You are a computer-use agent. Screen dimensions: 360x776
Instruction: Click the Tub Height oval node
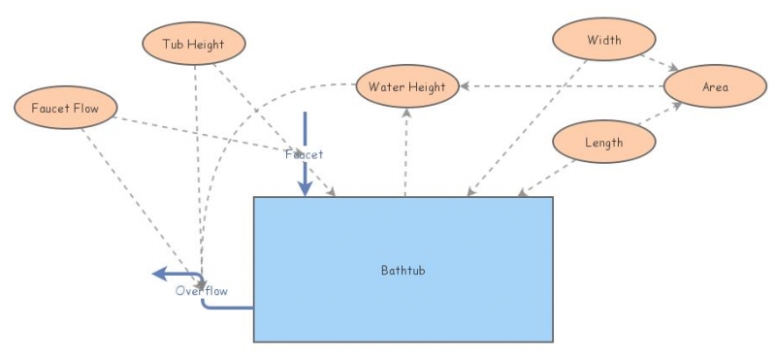(x=193, y=44)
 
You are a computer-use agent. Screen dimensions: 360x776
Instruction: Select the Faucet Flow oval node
(x=66, y=107)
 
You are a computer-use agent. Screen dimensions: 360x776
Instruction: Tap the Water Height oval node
(x=406, y=87)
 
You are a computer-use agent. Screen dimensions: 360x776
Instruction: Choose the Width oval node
(x=604, y=41)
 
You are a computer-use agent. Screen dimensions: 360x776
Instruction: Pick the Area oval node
(x=715, y=87)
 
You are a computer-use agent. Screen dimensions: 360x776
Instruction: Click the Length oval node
(x=603, y=143)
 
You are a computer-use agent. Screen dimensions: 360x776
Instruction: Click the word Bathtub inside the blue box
(x=403, y=270)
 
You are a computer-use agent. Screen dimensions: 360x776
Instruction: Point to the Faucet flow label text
(x=304, y=154)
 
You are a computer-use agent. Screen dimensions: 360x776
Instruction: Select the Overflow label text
(x=201, y=290)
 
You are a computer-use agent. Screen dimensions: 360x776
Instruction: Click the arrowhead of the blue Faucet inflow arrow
(x=306, y=188)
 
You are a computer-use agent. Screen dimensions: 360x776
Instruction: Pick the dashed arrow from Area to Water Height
(x=563, y=86)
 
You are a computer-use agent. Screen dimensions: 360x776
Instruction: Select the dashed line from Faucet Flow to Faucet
(x=194, y=133)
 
